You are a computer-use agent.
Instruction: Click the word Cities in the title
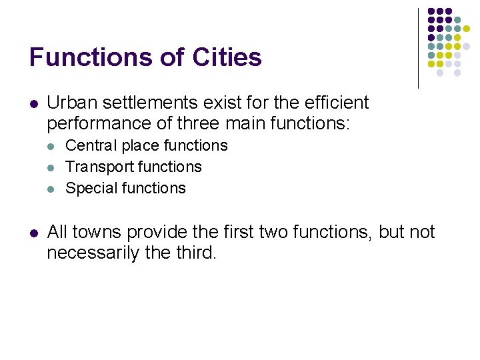[x=227, y=57]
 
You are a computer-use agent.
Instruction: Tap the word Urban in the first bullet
[x=68, y=103]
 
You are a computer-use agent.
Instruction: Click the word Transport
[x=95, y=167]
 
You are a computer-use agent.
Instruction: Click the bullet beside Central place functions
[x=51, y=146]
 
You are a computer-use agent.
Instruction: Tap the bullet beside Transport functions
[x=51, y=167]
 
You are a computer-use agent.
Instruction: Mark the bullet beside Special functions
[x=51, y=189]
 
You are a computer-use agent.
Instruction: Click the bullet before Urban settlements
[x=33, y=104]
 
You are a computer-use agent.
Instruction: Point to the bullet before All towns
[x=33, y=233]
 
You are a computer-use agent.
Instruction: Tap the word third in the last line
[x=195, y=253]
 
